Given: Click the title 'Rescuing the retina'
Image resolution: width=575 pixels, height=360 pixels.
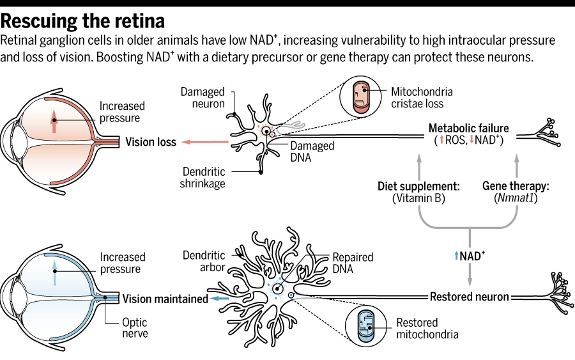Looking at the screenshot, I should (x=83, y=20).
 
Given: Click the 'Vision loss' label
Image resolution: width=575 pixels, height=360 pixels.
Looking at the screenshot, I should (x=150, y=142).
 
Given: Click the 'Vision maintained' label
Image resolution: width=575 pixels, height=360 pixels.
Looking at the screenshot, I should (x=165, y=299).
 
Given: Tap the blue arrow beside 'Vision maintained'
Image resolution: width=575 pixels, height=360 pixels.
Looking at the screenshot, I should (x=220, y=299).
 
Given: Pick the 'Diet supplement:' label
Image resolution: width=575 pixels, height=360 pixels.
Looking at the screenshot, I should (x=418, y=187).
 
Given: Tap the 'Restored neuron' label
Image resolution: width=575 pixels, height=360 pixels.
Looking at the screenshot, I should (x=469, y=297).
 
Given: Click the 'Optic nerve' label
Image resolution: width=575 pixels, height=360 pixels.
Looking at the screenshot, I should (x=135, y=328).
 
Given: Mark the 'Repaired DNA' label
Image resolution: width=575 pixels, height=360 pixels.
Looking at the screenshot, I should (x=353, y=263).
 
